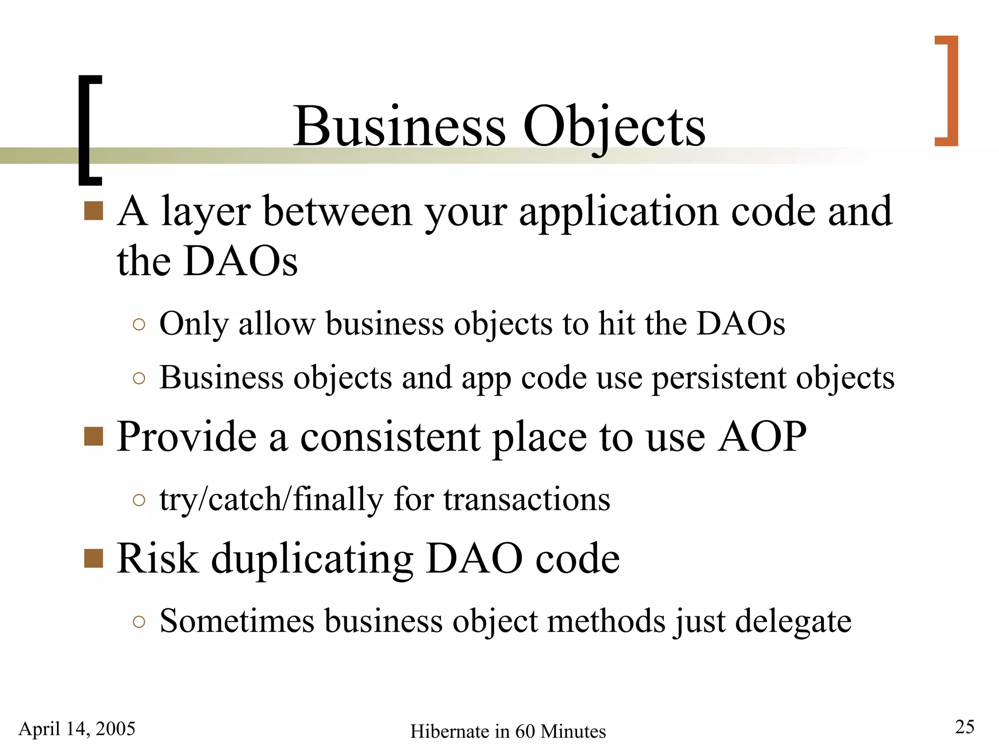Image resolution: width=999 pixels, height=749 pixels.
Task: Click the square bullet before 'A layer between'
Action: pos(93,211)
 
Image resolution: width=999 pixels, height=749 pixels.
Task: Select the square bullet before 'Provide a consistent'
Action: pos(93,436)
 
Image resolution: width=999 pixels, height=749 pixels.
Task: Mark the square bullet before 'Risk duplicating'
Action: pos(93,558)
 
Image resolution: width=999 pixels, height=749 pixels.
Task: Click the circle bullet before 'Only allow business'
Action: pos(139,324)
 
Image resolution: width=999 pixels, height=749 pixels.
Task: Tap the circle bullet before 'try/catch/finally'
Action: pos(139,500)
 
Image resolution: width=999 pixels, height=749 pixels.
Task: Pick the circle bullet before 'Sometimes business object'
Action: pos(139,622)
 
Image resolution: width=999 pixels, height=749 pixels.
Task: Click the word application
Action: pos(619,213)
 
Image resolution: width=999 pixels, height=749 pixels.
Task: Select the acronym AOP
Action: pos(762,436)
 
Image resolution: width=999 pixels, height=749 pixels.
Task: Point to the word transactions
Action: pos(526,500)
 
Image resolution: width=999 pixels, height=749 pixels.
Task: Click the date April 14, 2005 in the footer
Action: pos(77,729)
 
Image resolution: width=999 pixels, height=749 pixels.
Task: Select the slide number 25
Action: pos(964,727)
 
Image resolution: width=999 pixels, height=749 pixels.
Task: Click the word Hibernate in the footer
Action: pos(449,731)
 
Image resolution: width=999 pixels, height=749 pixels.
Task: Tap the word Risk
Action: pos(157,558)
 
